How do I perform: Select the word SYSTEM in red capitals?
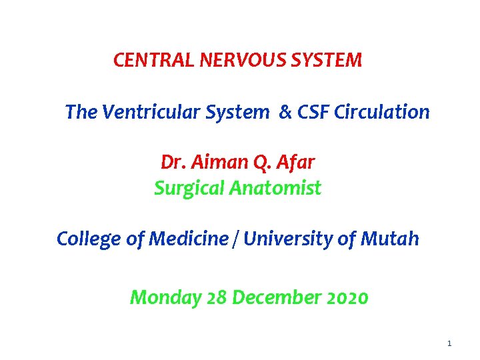331,61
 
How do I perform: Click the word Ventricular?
159,112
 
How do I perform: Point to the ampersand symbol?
285,112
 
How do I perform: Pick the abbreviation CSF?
315,112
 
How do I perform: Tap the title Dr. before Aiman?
172,163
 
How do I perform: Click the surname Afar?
295,163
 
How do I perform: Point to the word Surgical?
189,189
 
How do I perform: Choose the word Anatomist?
275,189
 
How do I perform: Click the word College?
89,239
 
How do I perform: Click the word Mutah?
394,239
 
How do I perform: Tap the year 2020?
347,297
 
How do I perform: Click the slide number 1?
449,343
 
